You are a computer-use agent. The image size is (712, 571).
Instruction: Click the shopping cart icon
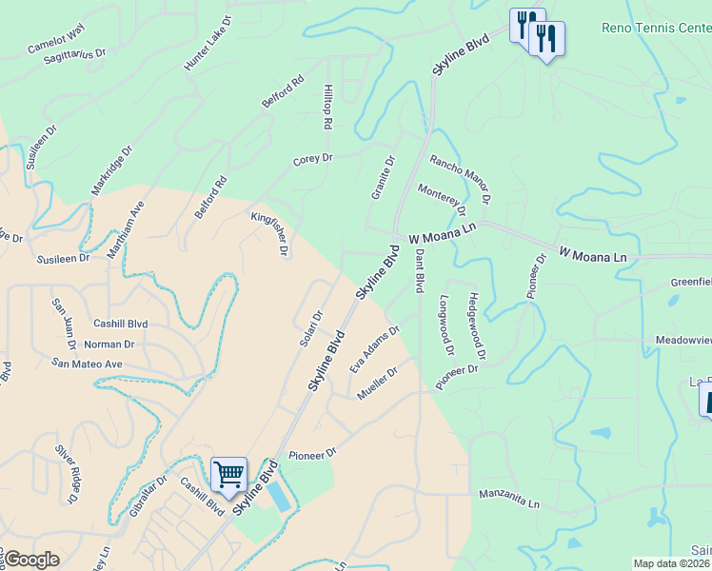(x=229, y=473)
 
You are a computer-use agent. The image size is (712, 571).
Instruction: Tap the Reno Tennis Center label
(x=656, y=27)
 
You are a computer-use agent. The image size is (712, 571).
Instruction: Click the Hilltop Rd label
(x=327, y=106)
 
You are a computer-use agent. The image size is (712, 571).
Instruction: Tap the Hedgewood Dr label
(x=476, y=325)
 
